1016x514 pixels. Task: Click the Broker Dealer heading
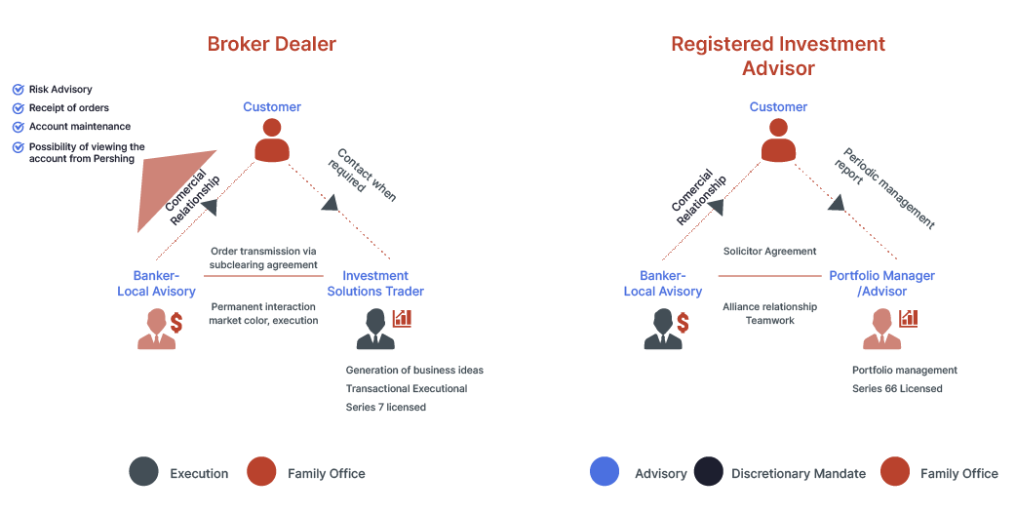271,44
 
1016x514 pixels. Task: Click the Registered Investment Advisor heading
777,57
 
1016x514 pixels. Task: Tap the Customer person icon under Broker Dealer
272,141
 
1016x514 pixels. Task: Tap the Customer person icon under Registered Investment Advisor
778,141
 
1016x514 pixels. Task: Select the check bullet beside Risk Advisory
18,90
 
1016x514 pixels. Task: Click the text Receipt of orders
68,108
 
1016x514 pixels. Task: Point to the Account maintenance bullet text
79,127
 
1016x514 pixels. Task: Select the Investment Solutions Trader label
375,284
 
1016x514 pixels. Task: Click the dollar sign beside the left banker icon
176,322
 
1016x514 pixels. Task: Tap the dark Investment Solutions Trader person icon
375,330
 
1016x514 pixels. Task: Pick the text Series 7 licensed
385,408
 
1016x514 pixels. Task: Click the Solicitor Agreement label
769,252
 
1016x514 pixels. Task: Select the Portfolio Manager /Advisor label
882,284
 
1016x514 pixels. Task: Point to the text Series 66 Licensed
897,389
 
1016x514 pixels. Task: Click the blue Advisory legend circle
605,472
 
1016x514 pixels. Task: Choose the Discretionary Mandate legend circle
709,472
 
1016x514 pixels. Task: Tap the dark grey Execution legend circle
143,473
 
